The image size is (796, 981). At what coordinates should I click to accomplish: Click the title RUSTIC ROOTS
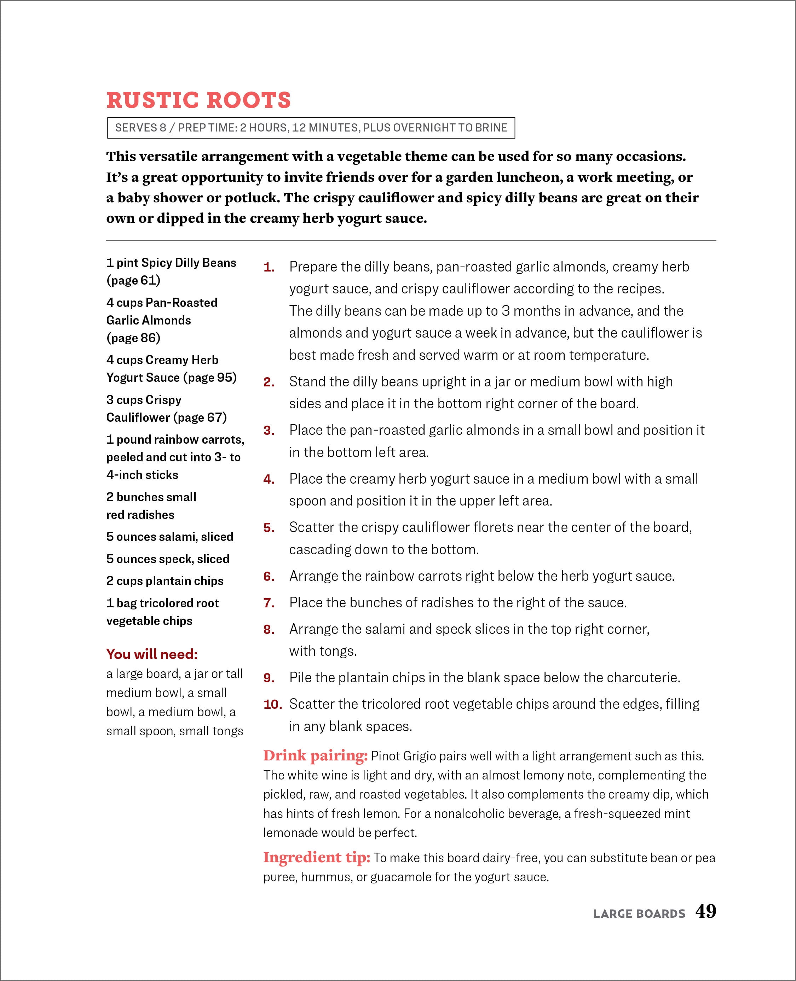[x=198, y=100]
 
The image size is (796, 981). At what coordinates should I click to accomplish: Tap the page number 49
[x=705, y=911]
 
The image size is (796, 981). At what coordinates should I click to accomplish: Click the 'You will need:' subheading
[x=152, y=654]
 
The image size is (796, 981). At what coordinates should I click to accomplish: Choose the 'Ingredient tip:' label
[x=316, y=857]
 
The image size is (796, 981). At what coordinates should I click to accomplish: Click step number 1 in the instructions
[x=269, y=267]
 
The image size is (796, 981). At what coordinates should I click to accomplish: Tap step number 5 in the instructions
[x=269, y=528]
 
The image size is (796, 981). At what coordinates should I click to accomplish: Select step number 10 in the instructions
[x=272, y=704]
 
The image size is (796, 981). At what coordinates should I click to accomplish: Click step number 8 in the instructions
[x=269, y=630]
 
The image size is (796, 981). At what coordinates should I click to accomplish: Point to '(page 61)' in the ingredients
[x=133, y=280]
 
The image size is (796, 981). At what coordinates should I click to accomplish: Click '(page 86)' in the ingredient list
[x=133, y=338]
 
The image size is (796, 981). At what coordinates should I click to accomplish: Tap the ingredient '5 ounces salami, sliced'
[x=170, y=537]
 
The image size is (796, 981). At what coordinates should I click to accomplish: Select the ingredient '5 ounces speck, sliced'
[x=168, y=559]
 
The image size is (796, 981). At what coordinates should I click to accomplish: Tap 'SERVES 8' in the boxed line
[x=140, y=128]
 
